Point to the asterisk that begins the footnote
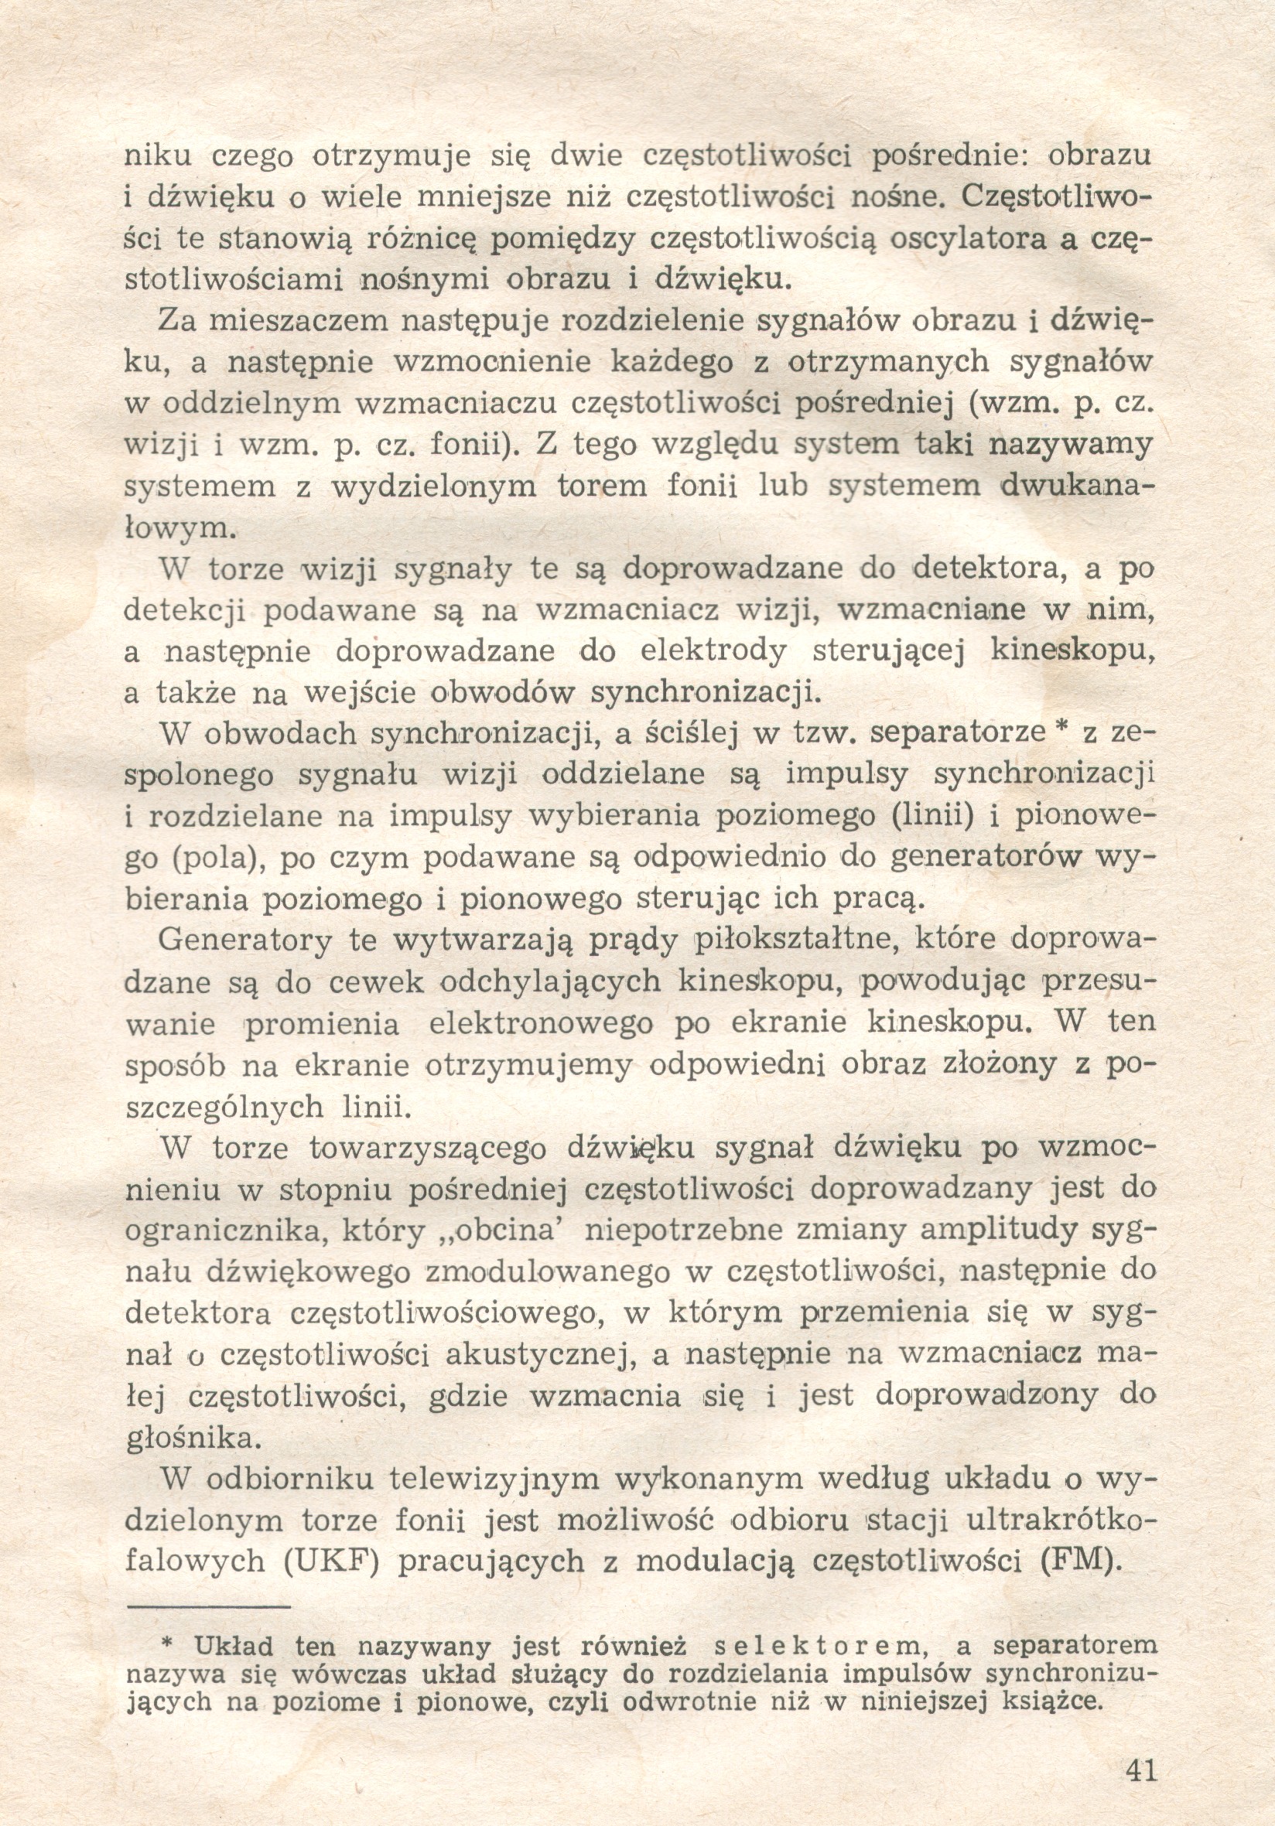click(x=167, y=1642)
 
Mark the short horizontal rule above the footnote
click(x=208, y=1606)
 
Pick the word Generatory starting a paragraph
click(x=245, y=940)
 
